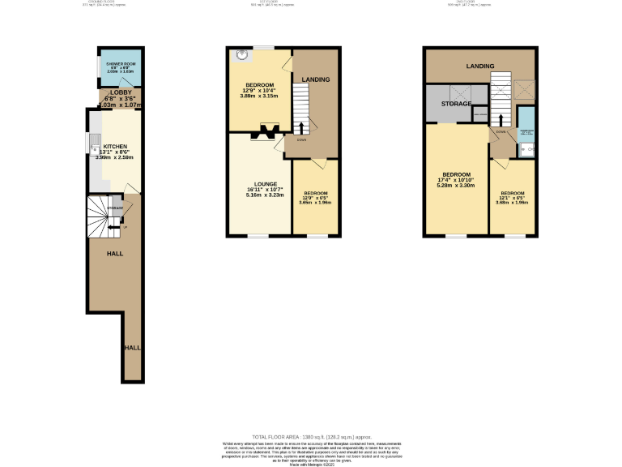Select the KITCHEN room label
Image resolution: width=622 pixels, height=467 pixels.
point(115,147)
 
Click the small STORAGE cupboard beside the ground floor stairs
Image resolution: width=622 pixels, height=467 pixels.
point(116,209)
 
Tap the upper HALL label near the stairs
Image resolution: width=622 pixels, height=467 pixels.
point(114,254)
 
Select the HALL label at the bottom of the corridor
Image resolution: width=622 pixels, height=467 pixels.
point(132,347)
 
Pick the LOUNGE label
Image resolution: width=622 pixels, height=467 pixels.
point(266,184)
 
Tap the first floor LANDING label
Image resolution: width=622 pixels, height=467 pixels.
point(316,79)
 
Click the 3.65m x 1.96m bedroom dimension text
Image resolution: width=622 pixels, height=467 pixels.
point(315,203)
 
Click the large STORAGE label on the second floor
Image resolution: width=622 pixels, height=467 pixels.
point(456,104)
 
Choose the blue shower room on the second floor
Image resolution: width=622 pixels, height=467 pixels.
point(526,131)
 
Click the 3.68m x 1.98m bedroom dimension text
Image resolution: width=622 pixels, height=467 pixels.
point(513,203)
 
